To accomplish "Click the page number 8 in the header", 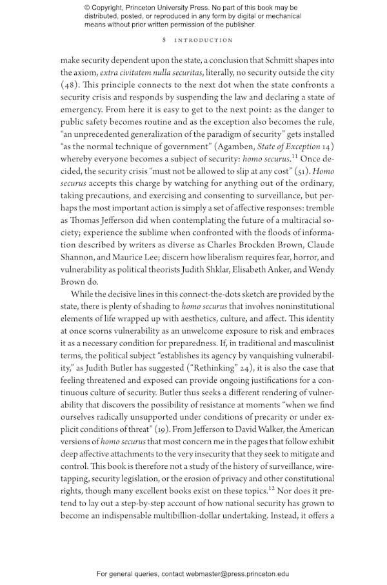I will (x=164, y=40).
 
